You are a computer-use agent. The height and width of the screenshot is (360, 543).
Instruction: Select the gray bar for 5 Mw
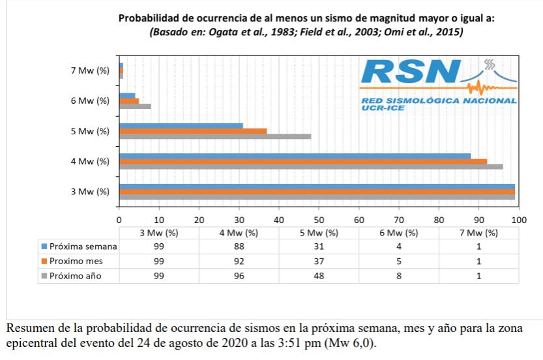215,137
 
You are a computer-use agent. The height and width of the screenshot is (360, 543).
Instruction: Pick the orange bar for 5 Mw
193,131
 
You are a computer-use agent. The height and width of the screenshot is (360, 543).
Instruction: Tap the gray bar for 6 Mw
135,106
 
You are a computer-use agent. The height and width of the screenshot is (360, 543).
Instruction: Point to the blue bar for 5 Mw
181,126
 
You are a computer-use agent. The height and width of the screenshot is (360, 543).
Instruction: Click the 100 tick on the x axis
519,220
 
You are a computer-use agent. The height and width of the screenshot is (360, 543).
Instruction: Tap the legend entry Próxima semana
83,247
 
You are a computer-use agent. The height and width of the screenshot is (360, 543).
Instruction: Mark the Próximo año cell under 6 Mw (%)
399,275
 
